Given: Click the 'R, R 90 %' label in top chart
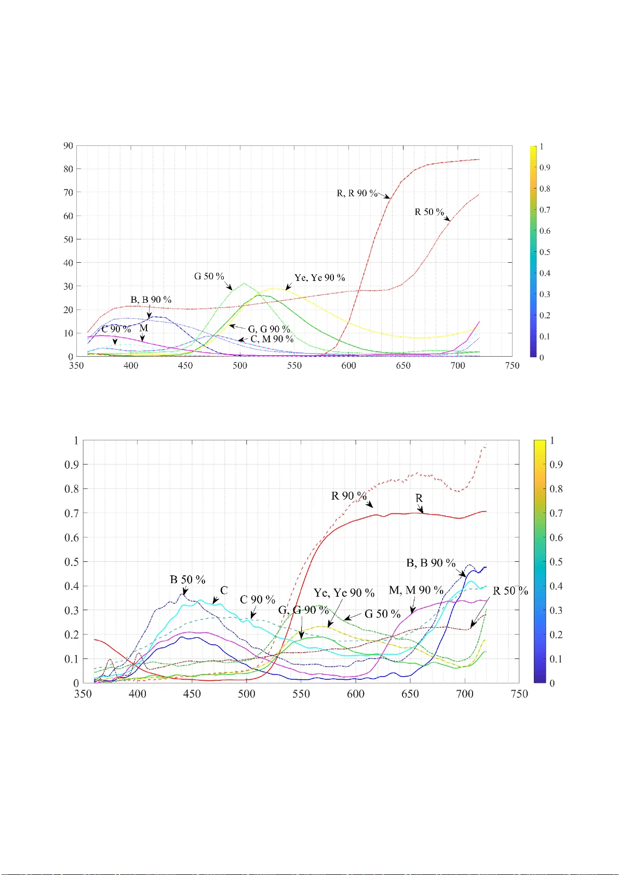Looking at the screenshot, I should tap(357, 193).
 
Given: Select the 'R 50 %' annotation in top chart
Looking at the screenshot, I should tap(429, 212).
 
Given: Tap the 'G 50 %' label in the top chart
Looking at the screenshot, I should tap(209, 276).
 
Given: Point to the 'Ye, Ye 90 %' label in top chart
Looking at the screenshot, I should tap(319, 278).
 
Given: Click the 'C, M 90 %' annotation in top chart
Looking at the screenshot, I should tap(272, 339).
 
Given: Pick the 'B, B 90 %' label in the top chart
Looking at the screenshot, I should tap(151, 300).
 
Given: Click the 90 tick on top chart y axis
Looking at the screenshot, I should tap(68, 146).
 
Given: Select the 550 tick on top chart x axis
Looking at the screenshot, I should tap(294, 366).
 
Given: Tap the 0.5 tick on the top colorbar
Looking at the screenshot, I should tap(544, 252).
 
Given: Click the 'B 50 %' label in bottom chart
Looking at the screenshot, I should tap(187, 580).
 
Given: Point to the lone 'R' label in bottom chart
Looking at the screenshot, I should tap(419, 498).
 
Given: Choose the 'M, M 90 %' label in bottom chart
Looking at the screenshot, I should tap(416, 590).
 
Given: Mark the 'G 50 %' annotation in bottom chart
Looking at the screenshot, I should tap(382, 614).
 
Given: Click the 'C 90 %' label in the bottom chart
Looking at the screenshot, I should tap(258, 600).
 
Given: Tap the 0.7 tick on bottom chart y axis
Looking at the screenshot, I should tap(72, 513).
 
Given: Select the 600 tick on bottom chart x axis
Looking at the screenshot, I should tap(356, 694).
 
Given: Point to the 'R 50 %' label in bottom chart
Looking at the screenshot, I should tap(510, 591).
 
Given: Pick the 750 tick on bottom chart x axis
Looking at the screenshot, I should tap(519, 694).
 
